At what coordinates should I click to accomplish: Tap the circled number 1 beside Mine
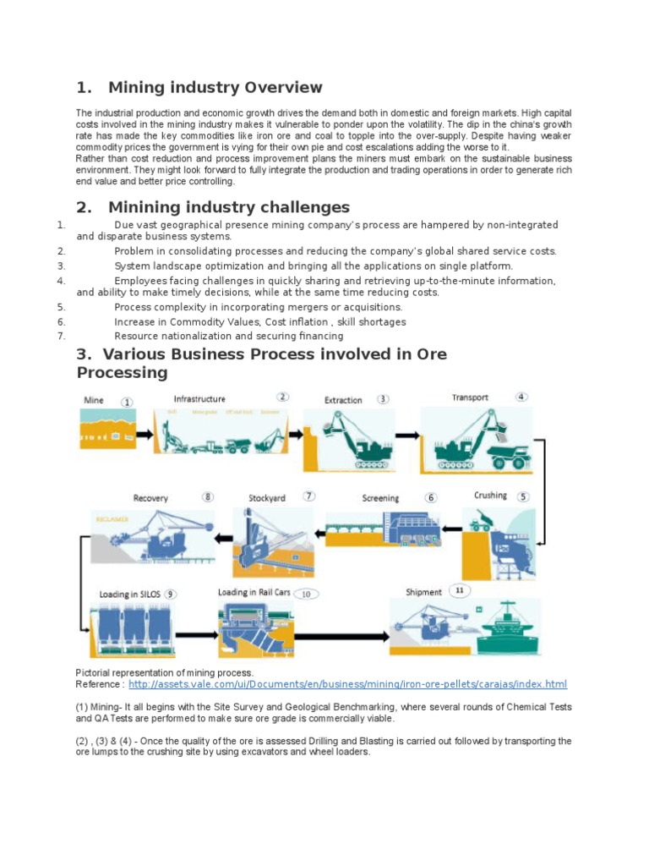pyautogui.click(x=128, y=403)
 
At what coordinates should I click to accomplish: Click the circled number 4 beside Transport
pyautogui.click(x=522, y=397)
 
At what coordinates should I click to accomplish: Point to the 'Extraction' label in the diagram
pyautogui.click(x=343, y=400)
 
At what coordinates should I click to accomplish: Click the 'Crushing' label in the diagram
pyautogui.click(x=490, y=496)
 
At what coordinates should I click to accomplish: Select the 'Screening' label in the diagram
pyautogui.click(x=380, y=498)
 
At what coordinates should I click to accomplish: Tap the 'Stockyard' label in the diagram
pyautogui.click(x=266, y=498)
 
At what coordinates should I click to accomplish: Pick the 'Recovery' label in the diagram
pyautogui.click(x=150, y=498)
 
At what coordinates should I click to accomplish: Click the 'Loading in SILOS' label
pyautogui.click(x=129, y=595)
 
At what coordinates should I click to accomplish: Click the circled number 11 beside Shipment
pyautogui.click(x=460, y=590)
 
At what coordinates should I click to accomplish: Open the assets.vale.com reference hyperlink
pyautogui.click(x=347, y=684)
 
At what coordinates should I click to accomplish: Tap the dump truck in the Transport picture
pyautogui.click(x=507, y=456)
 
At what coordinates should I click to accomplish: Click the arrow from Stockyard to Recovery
pyautogui.click(x=224, y=537)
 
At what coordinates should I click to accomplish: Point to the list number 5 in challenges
pyautogui.click(x=61, y=308)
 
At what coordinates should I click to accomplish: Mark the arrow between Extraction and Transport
pyautogui.click(x=406, y=435)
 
